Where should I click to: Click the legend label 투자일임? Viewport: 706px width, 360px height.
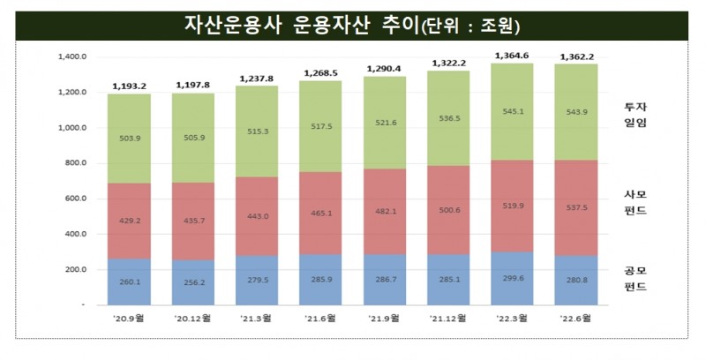tap(635, 115)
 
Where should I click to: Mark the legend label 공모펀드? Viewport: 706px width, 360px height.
tap(635, 278)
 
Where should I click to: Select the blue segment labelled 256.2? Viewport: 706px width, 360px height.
tap(194, 282)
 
